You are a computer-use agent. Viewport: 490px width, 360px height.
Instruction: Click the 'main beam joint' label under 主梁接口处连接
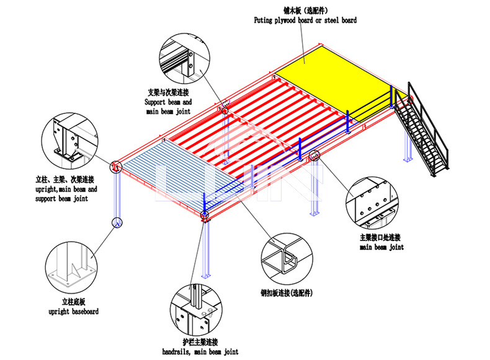(381, 247)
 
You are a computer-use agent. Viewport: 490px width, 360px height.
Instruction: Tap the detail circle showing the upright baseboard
(68, 267)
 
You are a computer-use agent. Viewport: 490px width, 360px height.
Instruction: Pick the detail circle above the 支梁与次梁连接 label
(183, 59)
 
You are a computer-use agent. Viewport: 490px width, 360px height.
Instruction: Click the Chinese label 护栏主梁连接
(200, 343)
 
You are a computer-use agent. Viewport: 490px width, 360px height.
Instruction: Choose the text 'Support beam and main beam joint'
(168, 107)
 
